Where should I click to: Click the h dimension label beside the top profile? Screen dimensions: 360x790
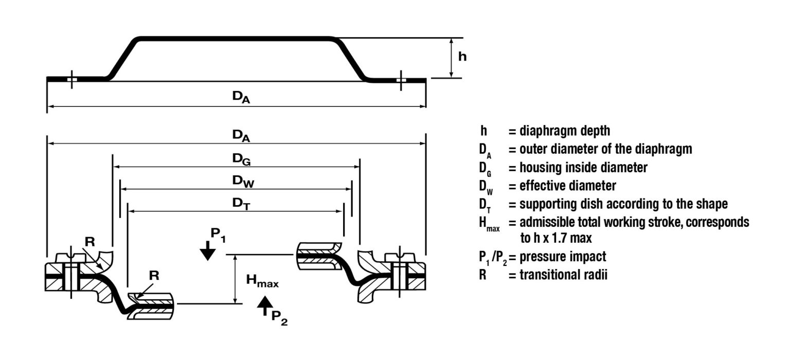[x=462, y=57]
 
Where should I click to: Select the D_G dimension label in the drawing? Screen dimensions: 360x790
[x=240, y=160]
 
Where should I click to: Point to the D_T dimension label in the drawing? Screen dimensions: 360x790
[x=238, y=203]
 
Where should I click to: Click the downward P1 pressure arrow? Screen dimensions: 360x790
[x=207, y=251]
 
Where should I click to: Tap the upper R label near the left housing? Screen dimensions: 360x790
[x=90, y=242]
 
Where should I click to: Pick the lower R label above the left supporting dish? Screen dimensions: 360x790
[x=154, y=275]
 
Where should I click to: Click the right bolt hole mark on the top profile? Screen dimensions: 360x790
[x=401, y=80]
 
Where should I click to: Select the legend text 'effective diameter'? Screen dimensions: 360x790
[x=567, y=186]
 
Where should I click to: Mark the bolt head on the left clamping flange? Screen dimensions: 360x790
[x=69, y=256]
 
